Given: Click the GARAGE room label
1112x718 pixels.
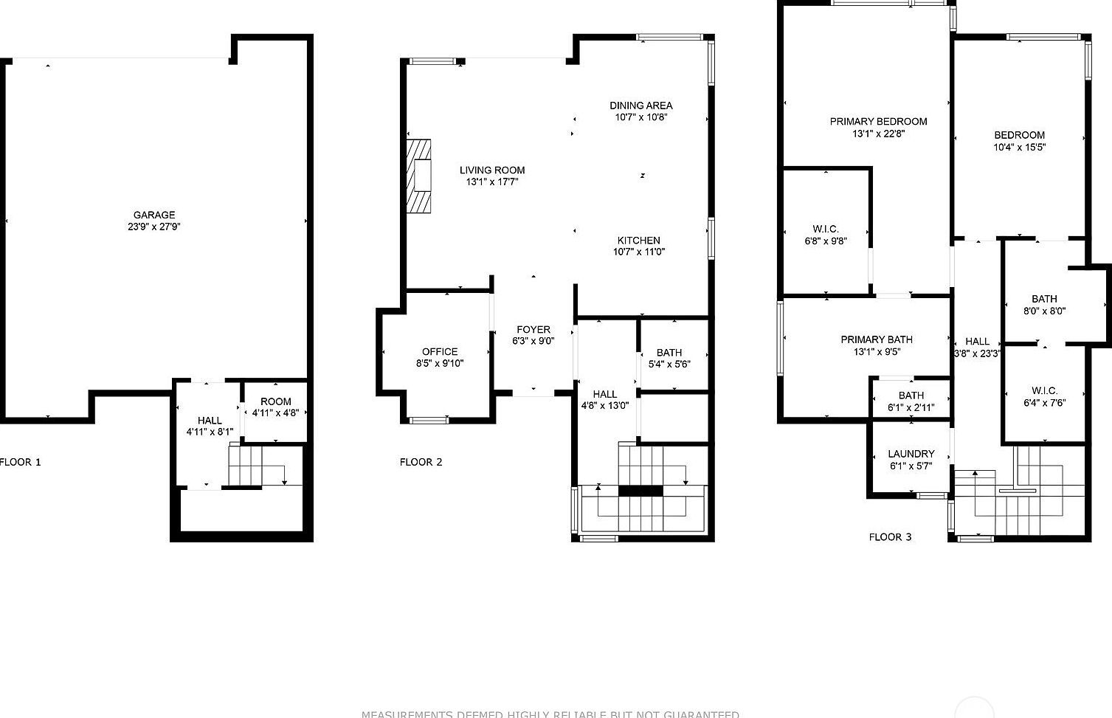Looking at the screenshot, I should (x=153, y=215).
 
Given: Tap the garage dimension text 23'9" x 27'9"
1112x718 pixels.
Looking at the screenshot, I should (x=153, y=227).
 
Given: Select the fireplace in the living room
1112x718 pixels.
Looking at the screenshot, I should (x=421, y=176).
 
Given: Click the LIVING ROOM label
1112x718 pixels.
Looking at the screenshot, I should (x=492, y=170).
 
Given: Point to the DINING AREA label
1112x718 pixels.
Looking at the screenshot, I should (x=640, y=106).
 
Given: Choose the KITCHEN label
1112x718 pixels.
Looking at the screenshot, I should (x=639, y=240).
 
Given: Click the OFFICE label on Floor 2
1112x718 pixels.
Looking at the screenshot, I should (x=440, y=351).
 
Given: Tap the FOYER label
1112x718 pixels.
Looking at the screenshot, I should (x=533, y=329).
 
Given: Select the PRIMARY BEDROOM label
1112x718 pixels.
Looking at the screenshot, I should (x=878, y=121).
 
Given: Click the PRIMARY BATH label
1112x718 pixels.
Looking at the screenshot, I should (x=877, y=339).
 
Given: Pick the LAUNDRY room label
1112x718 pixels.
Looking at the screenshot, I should (x=911, y=454).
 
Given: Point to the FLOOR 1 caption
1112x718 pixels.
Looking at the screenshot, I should (x=20, y=462).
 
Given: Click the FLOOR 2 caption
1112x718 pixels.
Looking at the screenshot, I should (x=421, y=462).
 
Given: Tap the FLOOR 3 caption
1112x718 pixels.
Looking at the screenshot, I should (x=890, y=536).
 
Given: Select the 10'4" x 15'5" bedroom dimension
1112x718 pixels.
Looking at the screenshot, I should (x=1019, y=147).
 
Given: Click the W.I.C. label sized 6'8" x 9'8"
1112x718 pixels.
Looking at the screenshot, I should (x=826, y=229).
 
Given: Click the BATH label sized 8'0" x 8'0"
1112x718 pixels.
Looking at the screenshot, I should (x=1044, y=299).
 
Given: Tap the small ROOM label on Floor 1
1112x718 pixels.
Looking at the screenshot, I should (x=275, y=401).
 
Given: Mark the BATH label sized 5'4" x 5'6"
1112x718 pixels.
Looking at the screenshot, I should (x=669, y=352).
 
